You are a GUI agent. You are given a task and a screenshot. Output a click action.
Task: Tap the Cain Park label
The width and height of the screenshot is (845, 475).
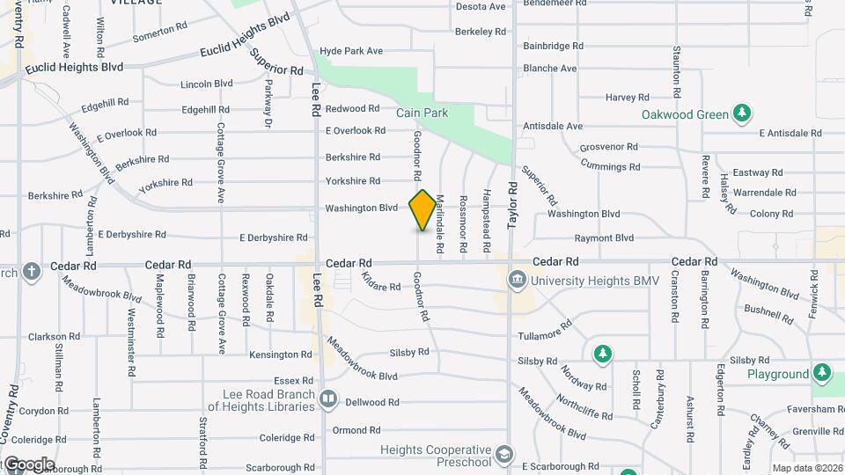(422, 113)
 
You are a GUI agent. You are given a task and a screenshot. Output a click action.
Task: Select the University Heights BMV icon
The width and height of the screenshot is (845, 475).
(517, 281)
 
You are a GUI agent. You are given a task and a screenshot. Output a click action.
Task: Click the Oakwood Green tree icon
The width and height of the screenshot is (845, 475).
(743, 113)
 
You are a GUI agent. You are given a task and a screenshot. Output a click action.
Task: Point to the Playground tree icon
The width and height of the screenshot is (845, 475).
(821, 373)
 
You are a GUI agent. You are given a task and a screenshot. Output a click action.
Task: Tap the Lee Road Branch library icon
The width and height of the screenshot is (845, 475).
(328, 400)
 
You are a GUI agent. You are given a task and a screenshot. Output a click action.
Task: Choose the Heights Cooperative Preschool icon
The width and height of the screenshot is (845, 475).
(504, 455)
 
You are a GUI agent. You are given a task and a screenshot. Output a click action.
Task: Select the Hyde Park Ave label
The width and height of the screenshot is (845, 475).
(350, 51)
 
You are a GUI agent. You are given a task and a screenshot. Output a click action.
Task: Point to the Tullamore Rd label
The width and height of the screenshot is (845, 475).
(546, 337)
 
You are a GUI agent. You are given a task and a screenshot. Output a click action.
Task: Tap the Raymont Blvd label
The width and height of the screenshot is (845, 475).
(604, 237)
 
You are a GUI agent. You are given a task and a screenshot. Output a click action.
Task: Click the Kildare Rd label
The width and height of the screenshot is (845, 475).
(380, 282)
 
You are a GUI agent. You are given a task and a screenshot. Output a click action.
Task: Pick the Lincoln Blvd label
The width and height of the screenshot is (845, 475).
(206, 84)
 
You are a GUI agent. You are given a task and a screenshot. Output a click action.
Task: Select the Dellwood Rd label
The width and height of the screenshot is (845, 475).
(373, 402)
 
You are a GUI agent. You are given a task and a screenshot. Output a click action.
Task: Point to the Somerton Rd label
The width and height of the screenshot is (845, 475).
(159, 33)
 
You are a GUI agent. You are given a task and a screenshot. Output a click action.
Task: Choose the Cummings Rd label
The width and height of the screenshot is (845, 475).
(610, 166)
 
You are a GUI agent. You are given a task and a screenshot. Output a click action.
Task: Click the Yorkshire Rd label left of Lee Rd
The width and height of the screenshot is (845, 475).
(165, 183)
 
